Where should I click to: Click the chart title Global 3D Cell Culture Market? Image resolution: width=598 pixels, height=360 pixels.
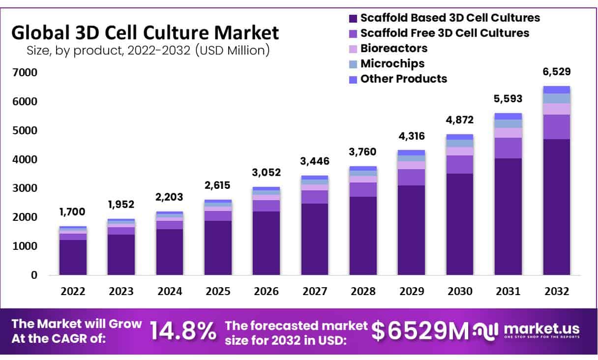coord(145,33)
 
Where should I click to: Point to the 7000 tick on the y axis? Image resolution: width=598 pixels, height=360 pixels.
coord(24,73)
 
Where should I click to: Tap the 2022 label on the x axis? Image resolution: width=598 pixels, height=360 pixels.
coord(73,292)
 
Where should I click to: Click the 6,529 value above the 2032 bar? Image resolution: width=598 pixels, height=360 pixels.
coord(557,72)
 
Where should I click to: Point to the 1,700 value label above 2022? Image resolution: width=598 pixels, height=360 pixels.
coord(73,212)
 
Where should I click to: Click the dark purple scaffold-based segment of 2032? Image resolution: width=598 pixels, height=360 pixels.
coord(557,207)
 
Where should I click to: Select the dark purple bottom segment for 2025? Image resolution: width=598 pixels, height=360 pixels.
coord(218,247)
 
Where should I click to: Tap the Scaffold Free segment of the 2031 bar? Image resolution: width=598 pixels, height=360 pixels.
coord(508,148)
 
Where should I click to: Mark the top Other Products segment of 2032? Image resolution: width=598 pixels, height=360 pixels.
coord(557,90)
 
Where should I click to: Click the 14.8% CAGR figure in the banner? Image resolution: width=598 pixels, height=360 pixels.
coord(183,331)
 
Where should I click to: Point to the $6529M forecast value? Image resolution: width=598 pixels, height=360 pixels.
coord(419,331)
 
